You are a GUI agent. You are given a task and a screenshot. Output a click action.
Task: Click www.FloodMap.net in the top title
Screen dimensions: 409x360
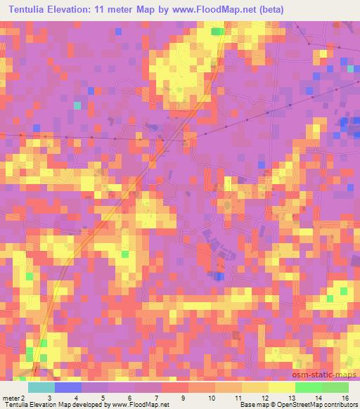[x=209, y=9]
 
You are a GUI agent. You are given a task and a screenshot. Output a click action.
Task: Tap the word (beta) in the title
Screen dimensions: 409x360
[x=271, y=9]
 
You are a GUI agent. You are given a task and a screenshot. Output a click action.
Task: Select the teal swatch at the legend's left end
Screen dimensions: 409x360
[x=41, y=387]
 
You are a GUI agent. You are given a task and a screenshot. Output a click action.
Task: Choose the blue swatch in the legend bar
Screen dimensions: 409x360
[x=68, y=387]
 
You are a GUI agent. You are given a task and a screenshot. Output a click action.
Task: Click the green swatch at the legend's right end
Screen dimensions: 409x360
[x=335, y=387]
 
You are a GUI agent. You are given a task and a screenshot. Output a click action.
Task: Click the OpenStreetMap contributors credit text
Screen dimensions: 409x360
[x=314, y=405]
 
